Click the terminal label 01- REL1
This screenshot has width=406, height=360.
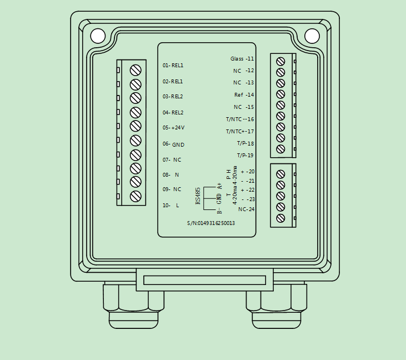coord(173,66)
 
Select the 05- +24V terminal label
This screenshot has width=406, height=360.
coord(173,128)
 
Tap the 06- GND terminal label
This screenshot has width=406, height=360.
coord(173,144)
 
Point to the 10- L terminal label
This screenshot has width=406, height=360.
coord(171,206)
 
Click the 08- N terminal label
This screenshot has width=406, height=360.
coord(171,174)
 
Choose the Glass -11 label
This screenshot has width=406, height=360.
coord(242,59)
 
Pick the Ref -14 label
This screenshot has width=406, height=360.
coord(244,95)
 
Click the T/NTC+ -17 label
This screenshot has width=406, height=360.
coord(240,132)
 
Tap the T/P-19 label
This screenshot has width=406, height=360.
coord(245,156)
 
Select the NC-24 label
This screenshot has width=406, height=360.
coord(246,209)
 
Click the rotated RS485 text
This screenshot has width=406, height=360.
coord(198,196)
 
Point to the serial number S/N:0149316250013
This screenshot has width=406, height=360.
coord(210,223)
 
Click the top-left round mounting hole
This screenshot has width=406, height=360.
coord(98,36)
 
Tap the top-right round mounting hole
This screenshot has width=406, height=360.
coord(312,36)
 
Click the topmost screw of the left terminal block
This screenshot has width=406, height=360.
coord(135,70)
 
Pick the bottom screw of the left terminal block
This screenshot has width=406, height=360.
coord(135,196)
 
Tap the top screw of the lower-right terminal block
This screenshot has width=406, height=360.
coord(280,174)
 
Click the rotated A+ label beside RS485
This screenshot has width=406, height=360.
coord(220,186)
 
